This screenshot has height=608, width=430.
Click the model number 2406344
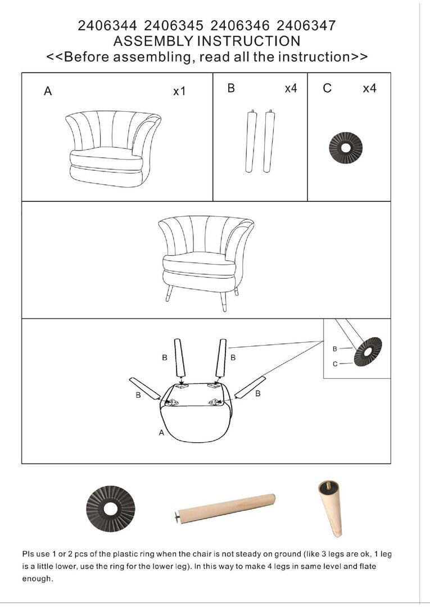[107, 26]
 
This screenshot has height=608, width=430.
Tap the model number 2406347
[306, 26]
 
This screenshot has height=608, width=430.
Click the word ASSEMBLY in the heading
[153, 41]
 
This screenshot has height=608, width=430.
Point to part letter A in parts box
[48, 91]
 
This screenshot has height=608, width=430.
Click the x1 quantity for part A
[179, 91]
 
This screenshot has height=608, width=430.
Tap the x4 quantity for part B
[291, 88]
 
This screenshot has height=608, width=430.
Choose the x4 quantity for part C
[369, 88]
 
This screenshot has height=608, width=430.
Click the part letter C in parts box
[327, 88]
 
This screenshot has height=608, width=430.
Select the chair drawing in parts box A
[113, 149]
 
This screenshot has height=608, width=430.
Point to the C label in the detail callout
[335, 364]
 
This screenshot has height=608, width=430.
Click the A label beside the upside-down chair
[162, 432]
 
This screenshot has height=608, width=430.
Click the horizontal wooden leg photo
[225, 509]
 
